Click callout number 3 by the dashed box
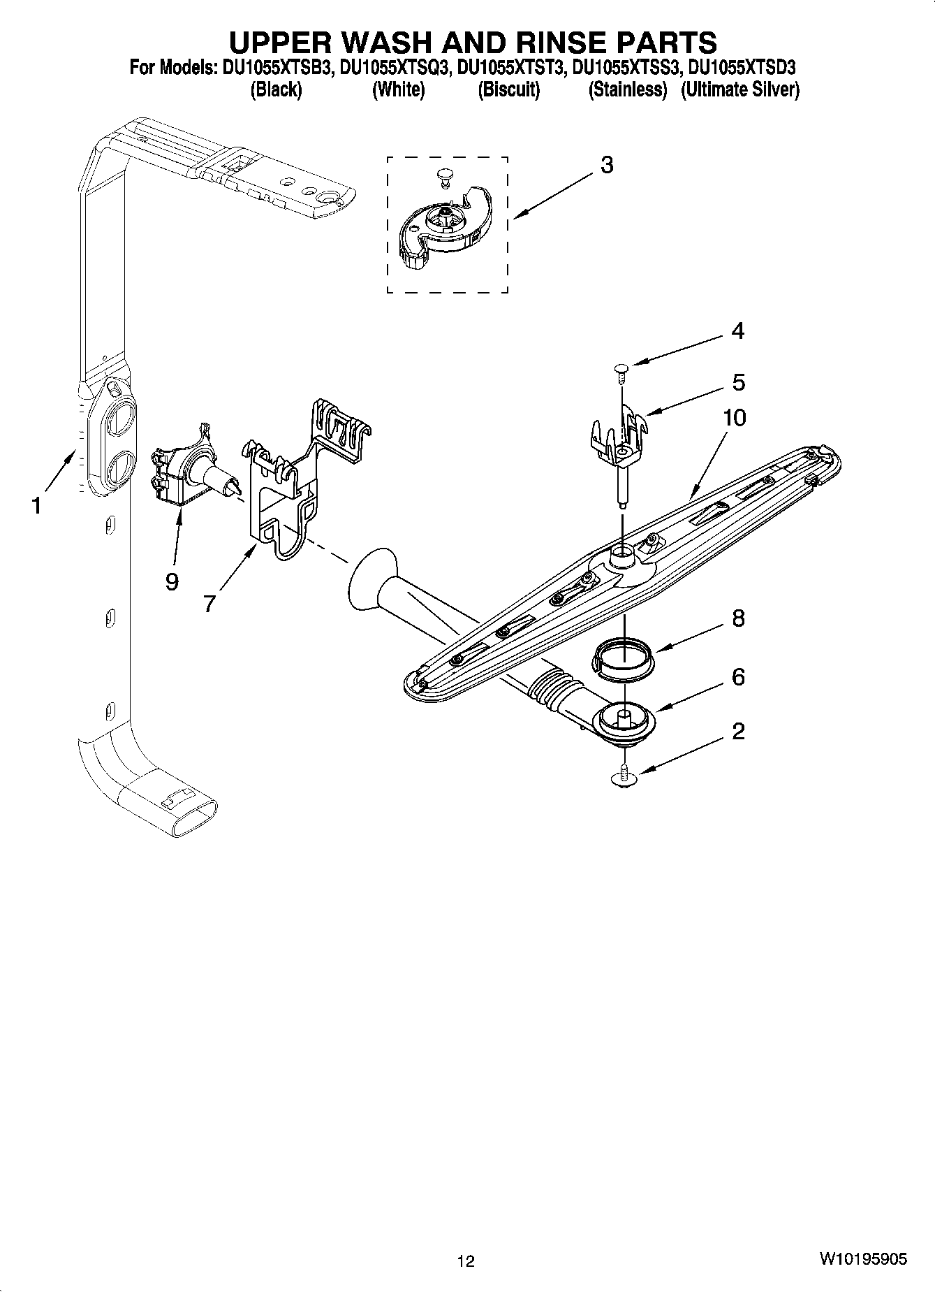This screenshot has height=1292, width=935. pyautogui.click(x=607, y=166)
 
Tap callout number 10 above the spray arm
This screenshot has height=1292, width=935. pyautogui.click(x=734, y=418)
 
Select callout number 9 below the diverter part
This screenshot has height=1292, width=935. pyautogui.click(x=172, y=581)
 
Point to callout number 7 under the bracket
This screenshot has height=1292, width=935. pyautogui.click(x=209, y=603)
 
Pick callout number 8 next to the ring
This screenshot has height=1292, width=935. pyautogui.click(x=737, y=618)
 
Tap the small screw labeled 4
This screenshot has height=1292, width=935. pyautogui.click(x=621, y=370)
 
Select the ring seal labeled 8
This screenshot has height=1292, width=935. pyautogui.click(x=624, y=658)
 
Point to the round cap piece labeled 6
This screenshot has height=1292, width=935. pyautogui.click(x=624, y=720)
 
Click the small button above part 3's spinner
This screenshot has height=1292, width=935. pyautogui.click(x=443, y=174)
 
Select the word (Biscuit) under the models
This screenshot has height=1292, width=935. pyautogui.click(x=508, y=89)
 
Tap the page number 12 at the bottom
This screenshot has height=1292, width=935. pyautogui.click(x=466, y=1261)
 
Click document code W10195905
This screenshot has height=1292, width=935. pyautogui.click(x=863, y=1258)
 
